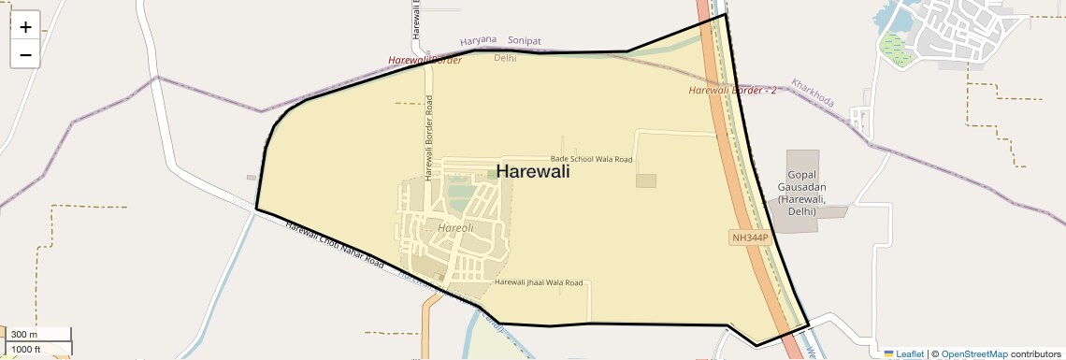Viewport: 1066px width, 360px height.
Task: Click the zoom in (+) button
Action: click(x=25, y=26)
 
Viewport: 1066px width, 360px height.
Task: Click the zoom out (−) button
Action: click(x=25, y=54)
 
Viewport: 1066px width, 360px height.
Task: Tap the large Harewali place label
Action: click(x=532, y=171)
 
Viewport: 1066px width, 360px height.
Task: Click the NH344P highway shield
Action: click(x=749, y=238)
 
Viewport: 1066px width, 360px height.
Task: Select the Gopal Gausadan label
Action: click(x=803, y=194)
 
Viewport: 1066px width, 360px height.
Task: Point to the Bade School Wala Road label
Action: click(x=591, y=160)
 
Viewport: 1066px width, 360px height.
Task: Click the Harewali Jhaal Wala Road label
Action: click(x=539, y=282)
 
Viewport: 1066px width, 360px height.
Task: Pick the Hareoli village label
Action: click(x=455, y=227)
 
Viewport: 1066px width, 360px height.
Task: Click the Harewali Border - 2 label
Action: click(x=732, y=91)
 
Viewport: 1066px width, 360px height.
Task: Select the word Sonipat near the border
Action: click(x=524, y=41)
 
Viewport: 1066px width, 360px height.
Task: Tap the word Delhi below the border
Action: click(x=505, y=58)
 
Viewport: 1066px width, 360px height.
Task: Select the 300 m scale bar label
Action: click(x=24, y=335)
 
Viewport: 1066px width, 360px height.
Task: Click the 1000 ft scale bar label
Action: click(x=25, y=349)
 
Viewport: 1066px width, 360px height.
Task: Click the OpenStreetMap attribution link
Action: click(x=974, y=354)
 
